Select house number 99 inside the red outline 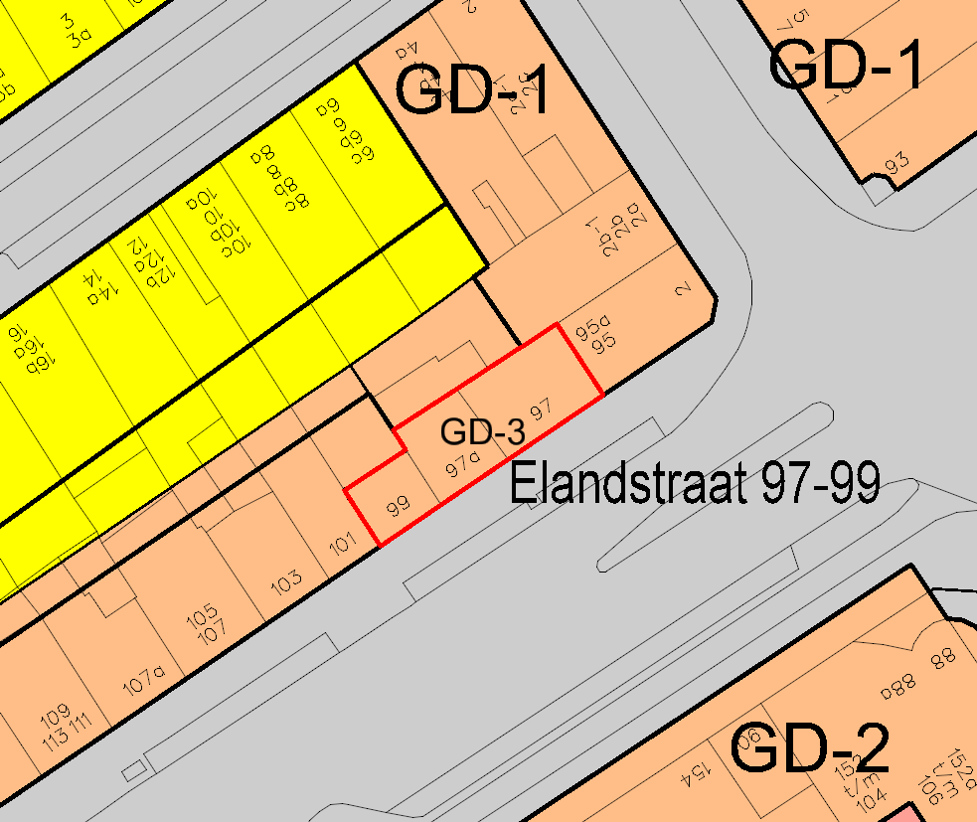(x=398, y=510)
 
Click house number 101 (x=342, y=544)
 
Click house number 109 (x=55, y=713)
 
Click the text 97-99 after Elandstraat (x=820, y=485)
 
